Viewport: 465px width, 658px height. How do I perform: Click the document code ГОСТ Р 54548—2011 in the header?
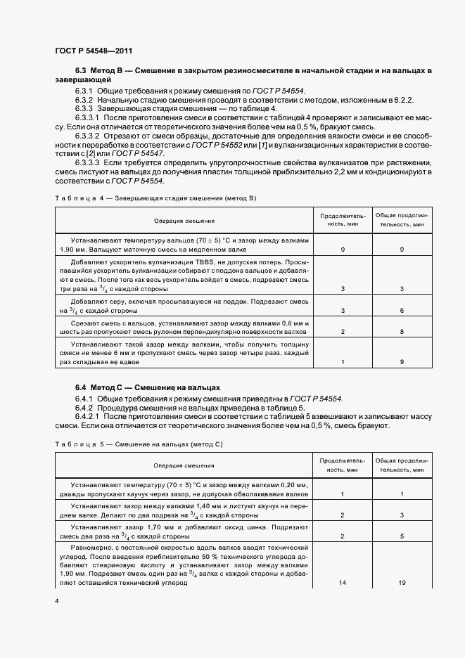tap(93, 51)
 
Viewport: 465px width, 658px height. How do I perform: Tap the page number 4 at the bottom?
tap(56, 602)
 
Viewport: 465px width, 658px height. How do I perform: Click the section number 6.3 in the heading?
tap(82, 72)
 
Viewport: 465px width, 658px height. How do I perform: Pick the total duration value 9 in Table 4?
tap(402, 362)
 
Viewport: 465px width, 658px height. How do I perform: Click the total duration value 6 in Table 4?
tap(402, 310)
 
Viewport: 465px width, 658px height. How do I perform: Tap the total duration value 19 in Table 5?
tap(402, 583)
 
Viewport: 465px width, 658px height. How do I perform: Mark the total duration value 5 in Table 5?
tap(402, 536)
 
